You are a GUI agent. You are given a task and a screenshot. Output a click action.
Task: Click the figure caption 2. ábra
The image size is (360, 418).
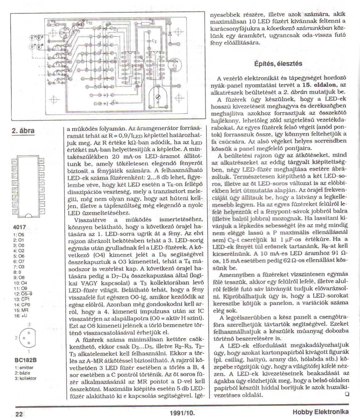[23, 131]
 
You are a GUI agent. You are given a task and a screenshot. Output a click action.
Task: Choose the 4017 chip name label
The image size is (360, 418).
[20, 227]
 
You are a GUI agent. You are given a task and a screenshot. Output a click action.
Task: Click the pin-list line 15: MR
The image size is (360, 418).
[21, 311]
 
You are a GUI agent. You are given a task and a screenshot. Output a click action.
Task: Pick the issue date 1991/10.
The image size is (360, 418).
[182, 413]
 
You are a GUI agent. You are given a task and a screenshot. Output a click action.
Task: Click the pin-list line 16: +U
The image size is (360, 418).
[21, 316]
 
